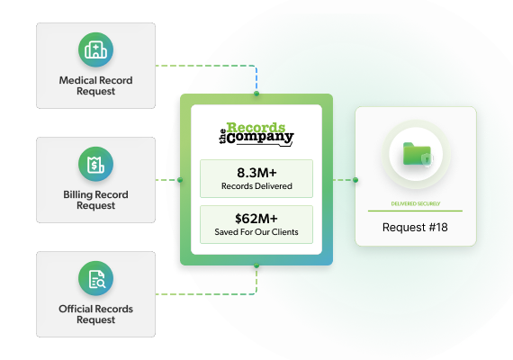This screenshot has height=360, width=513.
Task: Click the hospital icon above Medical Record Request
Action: [x=96, y=49]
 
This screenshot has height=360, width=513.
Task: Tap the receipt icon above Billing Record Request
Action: [x=96, y=164]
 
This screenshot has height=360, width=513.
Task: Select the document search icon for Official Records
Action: [x=96, y=278]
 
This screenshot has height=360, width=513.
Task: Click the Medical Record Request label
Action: [x=96, y=85]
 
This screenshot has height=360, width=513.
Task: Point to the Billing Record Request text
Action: [x=96, y=200]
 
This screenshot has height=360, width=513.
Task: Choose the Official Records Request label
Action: [x=96, y=314]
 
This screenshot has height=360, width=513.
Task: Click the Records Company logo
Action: [x=256, y=134]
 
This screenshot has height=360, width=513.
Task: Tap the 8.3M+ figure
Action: [x=256, y=173]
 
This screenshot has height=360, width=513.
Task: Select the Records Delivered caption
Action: [x=256, y=186]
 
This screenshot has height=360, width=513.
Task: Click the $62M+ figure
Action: [x=256, y=219]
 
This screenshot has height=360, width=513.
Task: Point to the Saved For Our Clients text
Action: [x=256, y=231]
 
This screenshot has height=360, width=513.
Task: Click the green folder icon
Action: [x=417, y=154]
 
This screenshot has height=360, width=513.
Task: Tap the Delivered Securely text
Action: [x=416, y=203]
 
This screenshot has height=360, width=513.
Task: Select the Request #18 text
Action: [x=415, y=227]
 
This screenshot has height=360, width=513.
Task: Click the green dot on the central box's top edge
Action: [x=256, y=94]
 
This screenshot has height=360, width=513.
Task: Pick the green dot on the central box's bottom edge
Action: [x=256, y=265]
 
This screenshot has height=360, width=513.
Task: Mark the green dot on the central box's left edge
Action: [x=180, y=180]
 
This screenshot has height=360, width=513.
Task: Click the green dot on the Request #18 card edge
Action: [x=355, y=180]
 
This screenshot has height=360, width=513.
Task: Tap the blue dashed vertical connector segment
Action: [x=256, y=79]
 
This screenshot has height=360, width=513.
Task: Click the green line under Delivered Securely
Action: [x=415, y=211]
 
